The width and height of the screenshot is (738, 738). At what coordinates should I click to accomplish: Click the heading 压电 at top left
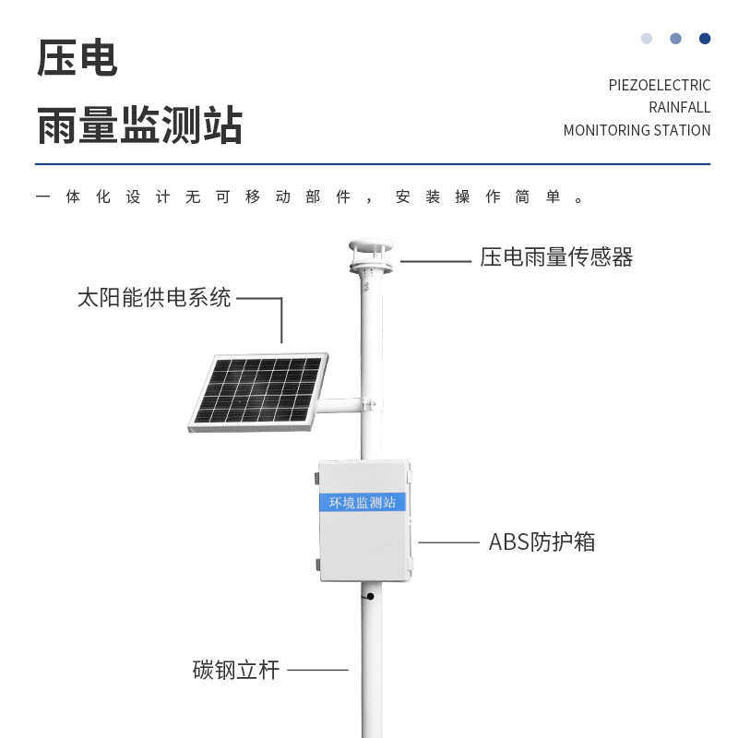(x=77, y=58)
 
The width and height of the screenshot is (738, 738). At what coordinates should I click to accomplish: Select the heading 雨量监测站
(x=139, y=125)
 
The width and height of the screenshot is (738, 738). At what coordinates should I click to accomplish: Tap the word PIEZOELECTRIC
(x=659, y=85)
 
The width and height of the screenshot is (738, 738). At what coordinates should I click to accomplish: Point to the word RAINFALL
(x=679, y=107)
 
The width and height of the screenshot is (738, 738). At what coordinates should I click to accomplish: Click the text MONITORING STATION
(x=637, y=130)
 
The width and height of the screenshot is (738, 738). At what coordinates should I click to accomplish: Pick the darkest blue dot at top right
(x=705, y=39)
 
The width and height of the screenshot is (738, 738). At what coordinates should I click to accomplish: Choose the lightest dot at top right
(x=647, y=39)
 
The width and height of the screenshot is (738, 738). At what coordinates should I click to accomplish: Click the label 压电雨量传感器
(x=556, y=257)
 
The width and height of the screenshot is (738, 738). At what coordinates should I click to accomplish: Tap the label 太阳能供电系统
(x=154, y=298)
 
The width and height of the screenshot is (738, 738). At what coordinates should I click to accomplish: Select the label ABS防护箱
(x=542, y=542)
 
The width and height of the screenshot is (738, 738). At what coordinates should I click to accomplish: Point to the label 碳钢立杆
(x=235, y=670)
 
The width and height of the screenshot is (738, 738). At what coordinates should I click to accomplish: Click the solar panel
(x=258, y=391)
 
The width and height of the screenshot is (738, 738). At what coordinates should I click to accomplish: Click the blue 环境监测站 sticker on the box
(x=363, y=503)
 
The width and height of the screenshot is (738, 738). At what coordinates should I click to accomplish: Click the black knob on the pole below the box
(x=370, y=596)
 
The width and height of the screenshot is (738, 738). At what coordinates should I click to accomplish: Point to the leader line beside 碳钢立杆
(x=317, y=670)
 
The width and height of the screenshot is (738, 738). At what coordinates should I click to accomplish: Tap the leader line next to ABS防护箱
(x=448, y=542)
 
